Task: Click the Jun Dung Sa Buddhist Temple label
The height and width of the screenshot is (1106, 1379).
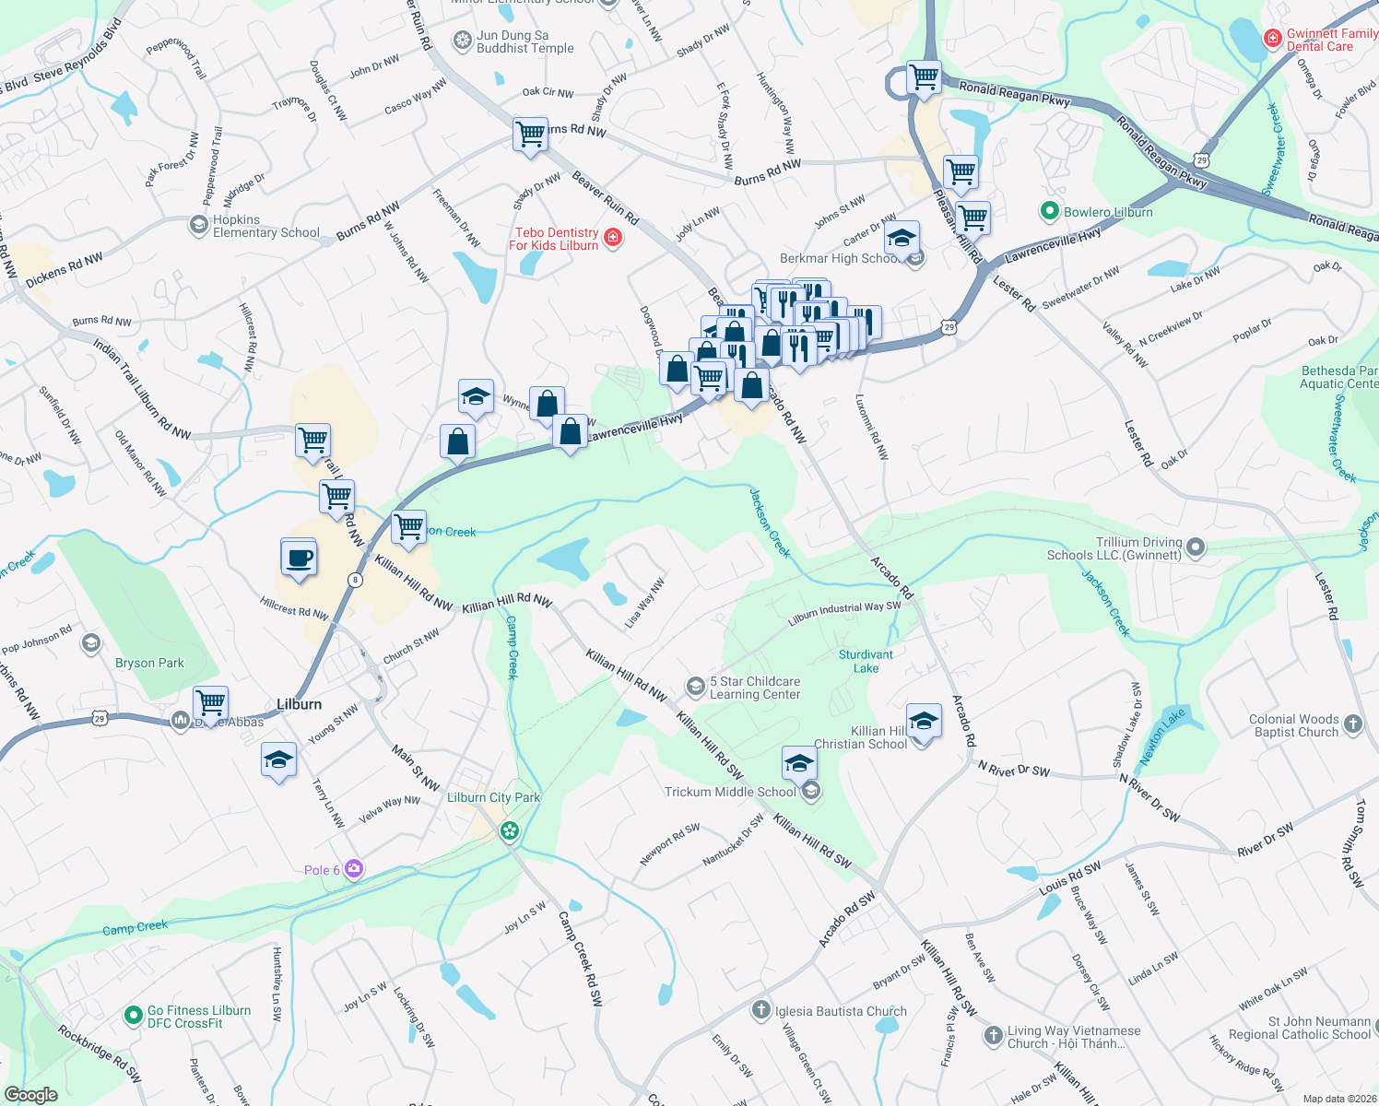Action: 524,41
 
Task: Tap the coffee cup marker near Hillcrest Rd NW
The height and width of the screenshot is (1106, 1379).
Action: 299,558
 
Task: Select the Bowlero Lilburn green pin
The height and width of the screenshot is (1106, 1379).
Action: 1049,212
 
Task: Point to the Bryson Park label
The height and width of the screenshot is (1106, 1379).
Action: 149,663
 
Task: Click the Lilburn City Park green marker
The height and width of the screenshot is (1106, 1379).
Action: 509,831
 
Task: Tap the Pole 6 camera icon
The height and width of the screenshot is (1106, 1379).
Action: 354,869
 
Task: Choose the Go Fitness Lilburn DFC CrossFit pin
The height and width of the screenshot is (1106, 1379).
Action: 134,1016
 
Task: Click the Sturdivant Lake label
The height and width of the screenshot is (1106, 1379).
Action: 866,661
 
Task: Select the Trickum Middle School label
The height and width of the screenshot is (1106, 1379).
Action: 730,792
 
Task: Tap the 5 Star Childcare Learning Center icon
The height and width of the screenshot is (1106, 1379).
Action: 695,687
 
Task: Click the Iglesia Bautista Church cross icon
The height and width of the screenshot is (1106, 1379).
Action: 760,1010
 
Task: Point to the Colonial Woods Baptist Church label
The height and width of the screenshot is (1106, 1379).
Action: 1294,725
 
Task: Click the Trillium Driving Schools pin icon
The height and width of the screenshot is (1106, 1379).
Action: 1196,547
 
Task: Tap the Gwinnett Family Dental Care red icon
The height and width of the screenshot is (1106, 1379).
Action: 1273,38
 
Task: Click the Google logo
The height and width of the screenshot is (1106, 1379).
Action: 31,1094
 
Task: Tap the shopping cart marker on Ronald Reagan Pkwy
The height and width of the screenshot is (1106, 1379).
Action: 924,76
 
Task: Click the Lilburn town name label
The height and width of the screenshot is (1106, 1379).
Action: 300,704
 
